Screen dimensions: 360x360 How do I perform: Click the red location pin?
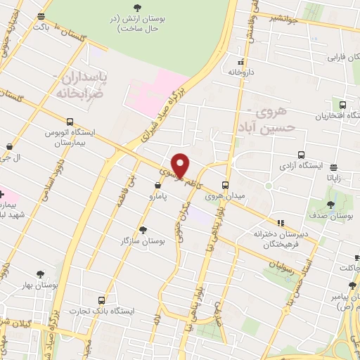coord(181,165)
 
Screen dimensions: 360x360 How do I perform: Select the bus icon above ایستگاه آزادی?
coord(302,155)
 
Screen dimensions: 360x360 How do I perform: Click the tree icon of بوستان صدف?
coord(331,205)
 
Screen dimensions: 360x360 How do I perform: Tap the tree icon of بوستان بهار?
coord(38,275)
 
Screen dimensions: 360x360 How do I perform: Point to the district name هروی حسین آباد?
coord(270,118)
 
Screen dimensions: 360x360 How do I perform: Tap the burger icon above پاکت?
coord(41,16)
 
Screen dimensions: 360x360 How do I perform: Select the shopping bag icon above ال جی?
coord(8,146)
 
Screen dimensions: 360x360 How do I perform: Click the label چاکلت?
coord(349,267)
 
